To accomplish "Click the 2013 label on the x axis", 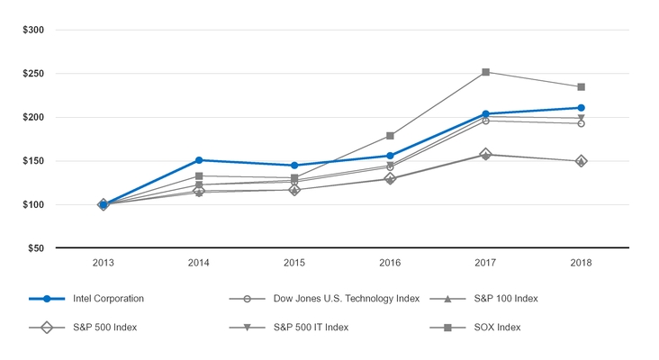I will click(x=104, y=265).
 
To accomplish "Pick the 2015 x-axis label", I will click(x=294, y=265).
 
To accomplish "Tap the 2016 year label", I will click(x=390, y=265).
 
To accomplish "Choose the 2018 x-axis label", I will click(x=582, y=265).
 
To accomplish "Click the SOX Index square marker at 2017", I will click(x=486, y=72).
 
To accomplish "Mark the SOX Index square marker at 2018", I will click(x=582, y=87).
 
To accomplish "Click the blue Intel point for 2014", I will click(x=199, y=160).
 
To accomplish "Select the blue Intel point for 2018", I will click(x=582, y=108).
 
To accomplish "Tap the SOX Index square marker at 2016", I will click(x=390, y=136).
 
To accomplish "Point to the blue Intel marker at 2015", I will click(x=294, y=166).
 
